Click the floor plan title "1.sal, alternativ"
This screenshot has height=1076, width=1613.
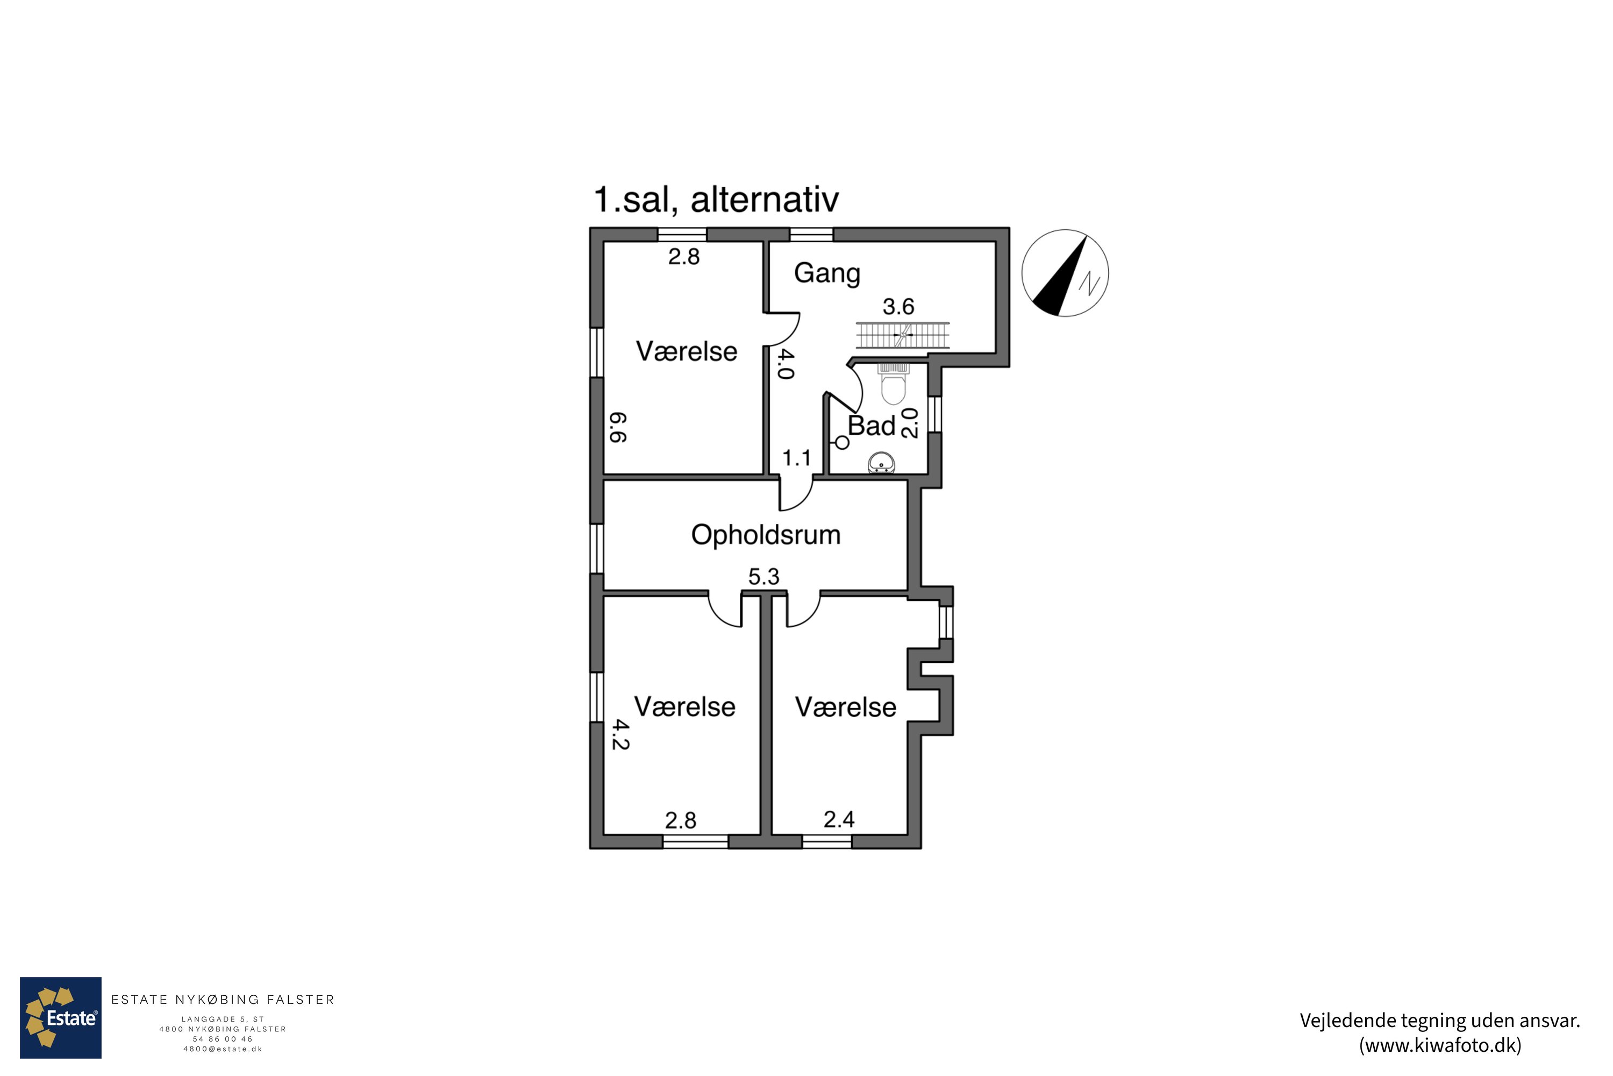tap(716, 200)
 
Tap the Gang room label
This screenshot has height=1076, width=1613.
tap(826, 274)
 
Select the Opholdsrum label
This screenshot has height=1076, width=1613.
tap(765, 535)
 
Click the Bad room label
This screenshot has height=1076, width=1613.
tap(872, 426)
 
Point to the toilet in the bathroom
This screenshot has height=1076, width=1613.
tap(893, 384)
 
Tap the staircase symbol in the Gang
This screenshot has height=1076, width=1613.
tap(903, 336)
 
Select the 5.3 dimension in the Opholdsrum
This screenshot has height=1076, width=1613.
tap(763, 576)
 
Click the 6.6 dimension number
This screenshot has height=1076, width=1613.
tap(618, 427)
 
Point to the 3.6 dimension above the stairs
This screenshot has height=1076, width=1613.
tap(898, 306)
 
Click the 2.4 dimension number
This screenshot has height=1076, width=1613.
tap(839, 819)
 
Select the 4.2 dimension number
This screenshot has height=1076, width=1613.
tap(620, 734)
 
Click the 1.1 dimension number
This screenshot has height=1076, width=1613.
tap(796, 458)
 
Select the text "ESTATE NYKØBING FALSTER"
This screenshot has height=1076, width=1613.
tap(223, 1000)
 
